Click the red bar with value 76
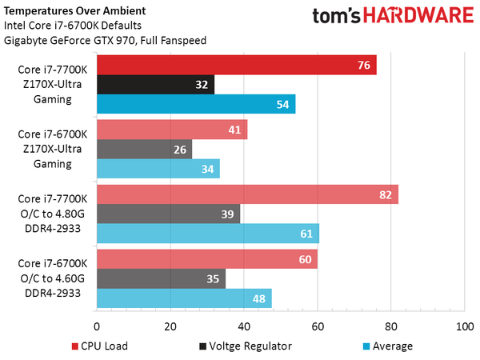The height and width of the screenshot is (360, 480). [x=236, y=65]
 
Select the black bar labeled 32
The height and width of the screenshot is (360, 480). [x=155, y=84]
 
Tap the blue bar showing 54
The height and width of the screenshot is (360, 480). [x=196, y=104]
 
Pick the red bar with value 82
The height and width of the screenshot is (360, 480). [x=247, y=194]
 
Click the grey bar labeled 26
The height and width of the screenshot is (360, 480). [x=144, y=149]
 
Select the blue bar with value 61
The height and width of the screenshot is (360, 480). [x=208, y=233]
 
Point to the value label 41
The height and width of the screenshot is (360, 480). [x=235, y=130]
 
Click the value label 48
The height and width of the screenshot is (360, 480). [x=259, y=298]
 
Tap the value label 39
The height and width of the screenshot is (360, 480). [x=228, y=214]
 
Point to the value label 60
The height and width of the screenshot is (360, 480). [x=305, y=259]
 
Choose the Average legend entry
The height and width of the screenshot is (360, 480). [x=387, y=346]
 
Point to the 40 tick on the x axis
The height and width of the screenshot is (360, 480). [x=244, y=326]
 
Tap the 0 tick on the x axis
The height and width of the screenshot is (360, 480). [x=97, y=326]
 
